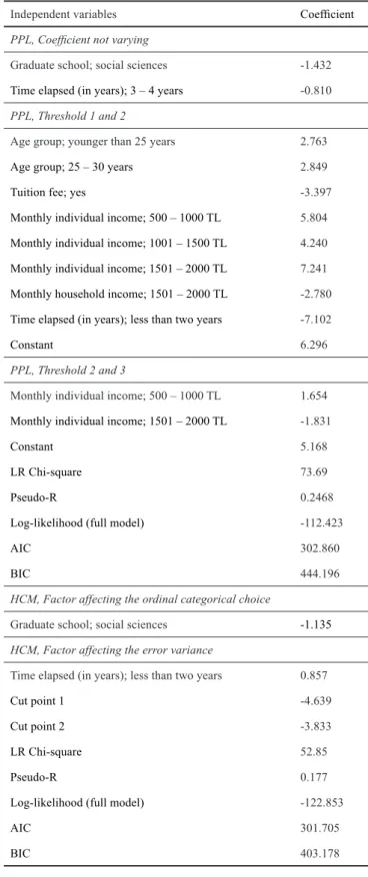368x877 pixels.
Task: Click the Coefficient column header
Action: click(x=327, y=15)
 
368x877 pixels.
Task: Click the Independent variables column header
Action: click(x=63, y=15)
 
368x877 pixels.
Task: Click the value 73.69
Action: click(x=311, y=472)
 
